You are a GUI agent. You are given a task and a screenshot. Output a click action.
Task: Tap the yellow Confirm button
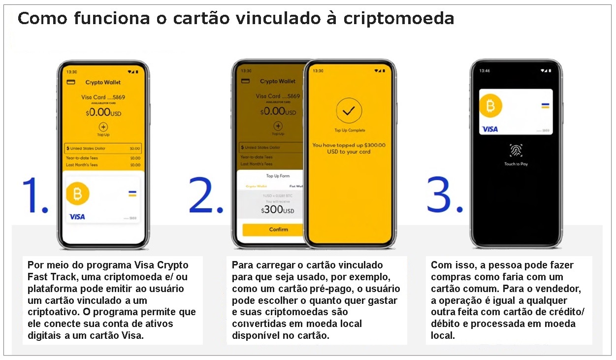click(278, 229)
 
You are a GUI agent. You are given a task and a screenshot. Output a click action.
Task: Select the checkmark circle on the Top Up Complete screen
click(349, 111)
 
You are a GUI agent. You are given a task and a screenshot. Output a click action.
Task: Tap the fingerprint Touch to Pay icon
click(516, 151)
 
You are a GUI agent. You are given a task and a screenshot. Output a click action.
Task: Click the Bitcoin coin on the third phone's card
click(490, 106)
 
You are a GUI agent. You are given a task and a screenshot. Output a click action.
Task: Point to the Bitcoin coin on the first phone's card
click(78, 194)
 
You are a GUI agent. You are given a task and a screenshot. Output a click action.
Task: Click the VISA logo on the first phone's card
click(77, 217)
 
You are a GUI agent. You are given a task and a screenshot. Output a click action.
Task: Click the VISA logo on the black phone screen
click(490, 129)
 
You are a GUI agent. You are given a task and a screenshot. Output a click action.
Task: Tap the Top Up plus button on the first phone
click(103, 127)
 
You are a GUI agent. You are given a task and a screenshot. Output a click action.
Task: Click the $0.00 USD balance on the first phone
click(103, 112)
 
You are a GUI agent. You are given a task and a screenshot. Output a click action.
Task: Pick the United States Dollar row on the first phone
click(103, 148)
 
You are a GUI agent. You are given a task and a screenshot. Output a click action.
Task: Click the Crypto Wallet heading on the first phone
click(103, 82)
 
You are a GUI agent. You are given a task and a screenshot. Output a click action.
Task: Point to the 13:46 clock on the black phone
click(485, 70)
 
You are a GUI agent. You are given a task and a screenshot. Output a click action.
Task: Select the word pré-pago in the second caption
click(325, 289)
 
